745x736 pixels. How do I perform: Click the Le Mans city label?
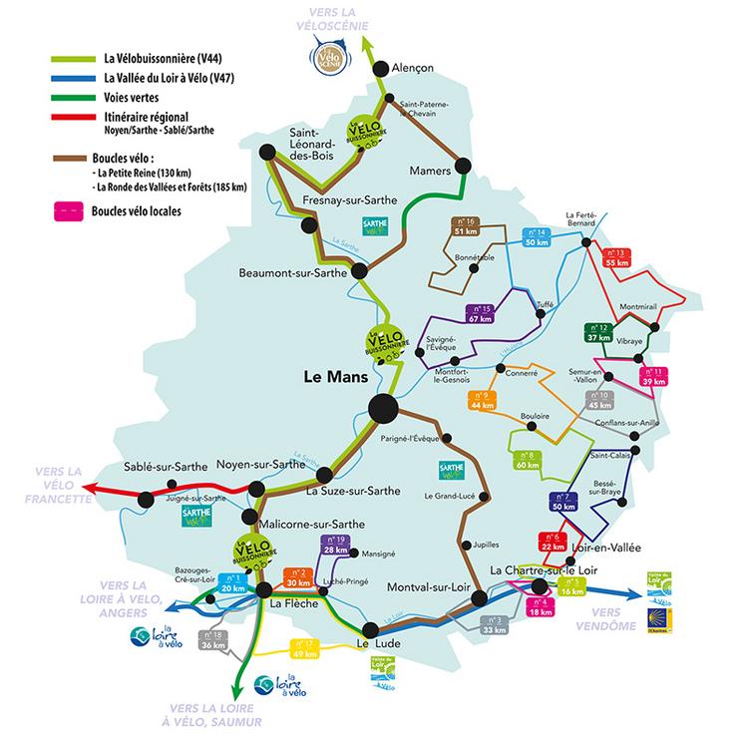[x=336, y=378]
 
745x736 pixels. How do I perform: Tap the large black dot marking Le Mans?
[x=382, y=407]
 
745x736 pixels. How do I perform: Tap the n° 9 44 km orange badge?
[x=482, y=400]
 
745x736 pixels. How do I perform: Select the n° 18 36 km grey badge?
[x=213, y=640]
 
